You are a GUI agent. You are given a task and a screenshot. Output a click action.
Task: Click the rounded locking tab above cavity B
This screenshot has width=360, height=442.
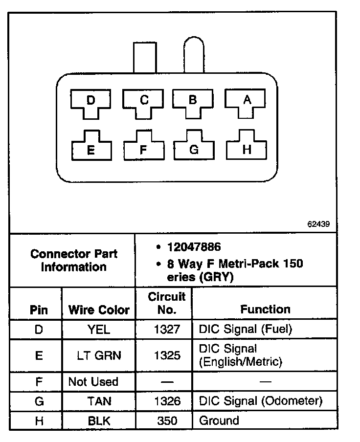194,56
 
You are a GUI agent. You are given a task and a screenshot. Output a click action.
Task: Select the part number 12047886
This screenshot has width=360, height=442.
193,247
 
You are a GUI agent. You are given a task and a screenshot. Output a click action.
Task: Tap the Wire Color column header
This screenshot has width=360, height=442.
99,310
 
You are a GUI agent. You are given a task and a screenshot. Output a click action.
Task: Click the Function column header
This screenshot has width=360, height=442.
265,309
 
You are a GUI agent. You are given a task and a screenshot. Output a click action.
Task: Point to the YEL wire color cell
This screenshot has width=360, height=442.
99,330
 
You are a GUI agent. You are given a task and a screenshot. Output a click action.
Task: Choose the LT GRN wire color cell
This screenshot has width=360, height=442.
99,355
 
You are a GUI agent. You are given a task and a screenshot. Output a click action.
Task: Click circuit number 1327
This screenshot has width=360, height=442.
167,330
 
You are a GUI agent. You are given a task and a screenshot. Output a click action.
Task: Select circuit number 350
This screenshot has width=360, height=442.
167,420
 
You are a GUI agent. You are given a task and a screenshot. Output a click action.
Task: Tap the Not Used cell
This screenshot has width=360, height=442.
93,381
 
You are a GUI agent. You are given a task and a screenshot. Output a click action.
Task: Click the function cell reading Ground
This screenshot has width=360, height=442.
219,420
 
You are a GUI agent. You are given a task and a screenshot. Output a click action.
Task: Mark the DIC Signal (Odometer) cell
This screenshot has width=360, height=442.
260,401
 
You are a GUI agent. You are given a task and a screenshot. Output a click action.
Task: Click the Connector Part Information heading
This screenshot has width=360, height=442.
73,260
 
